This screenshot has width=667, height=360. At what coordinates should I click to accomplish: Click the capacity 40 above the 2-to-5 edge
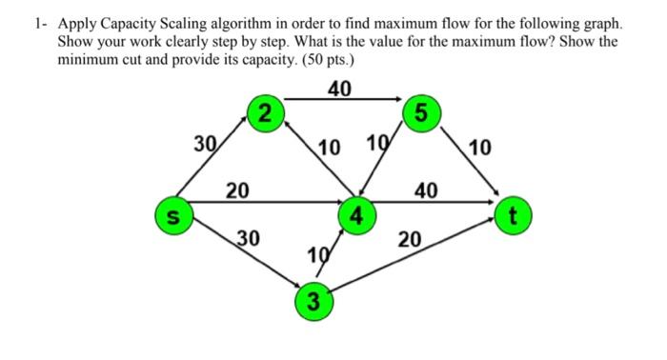point(339,89)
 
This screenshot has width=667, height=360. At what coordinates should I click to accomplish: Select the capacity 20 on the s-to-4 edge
point(238,190)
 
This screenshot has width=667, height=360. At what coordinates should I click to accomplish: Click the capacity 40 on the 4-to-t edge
point(426,190)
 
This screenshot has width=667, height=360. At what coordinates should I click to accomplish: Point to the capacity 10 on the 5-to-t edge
point(481,147)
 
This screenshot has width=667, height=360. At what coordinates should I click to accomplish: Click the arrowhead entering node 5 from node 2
point(396,98)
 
